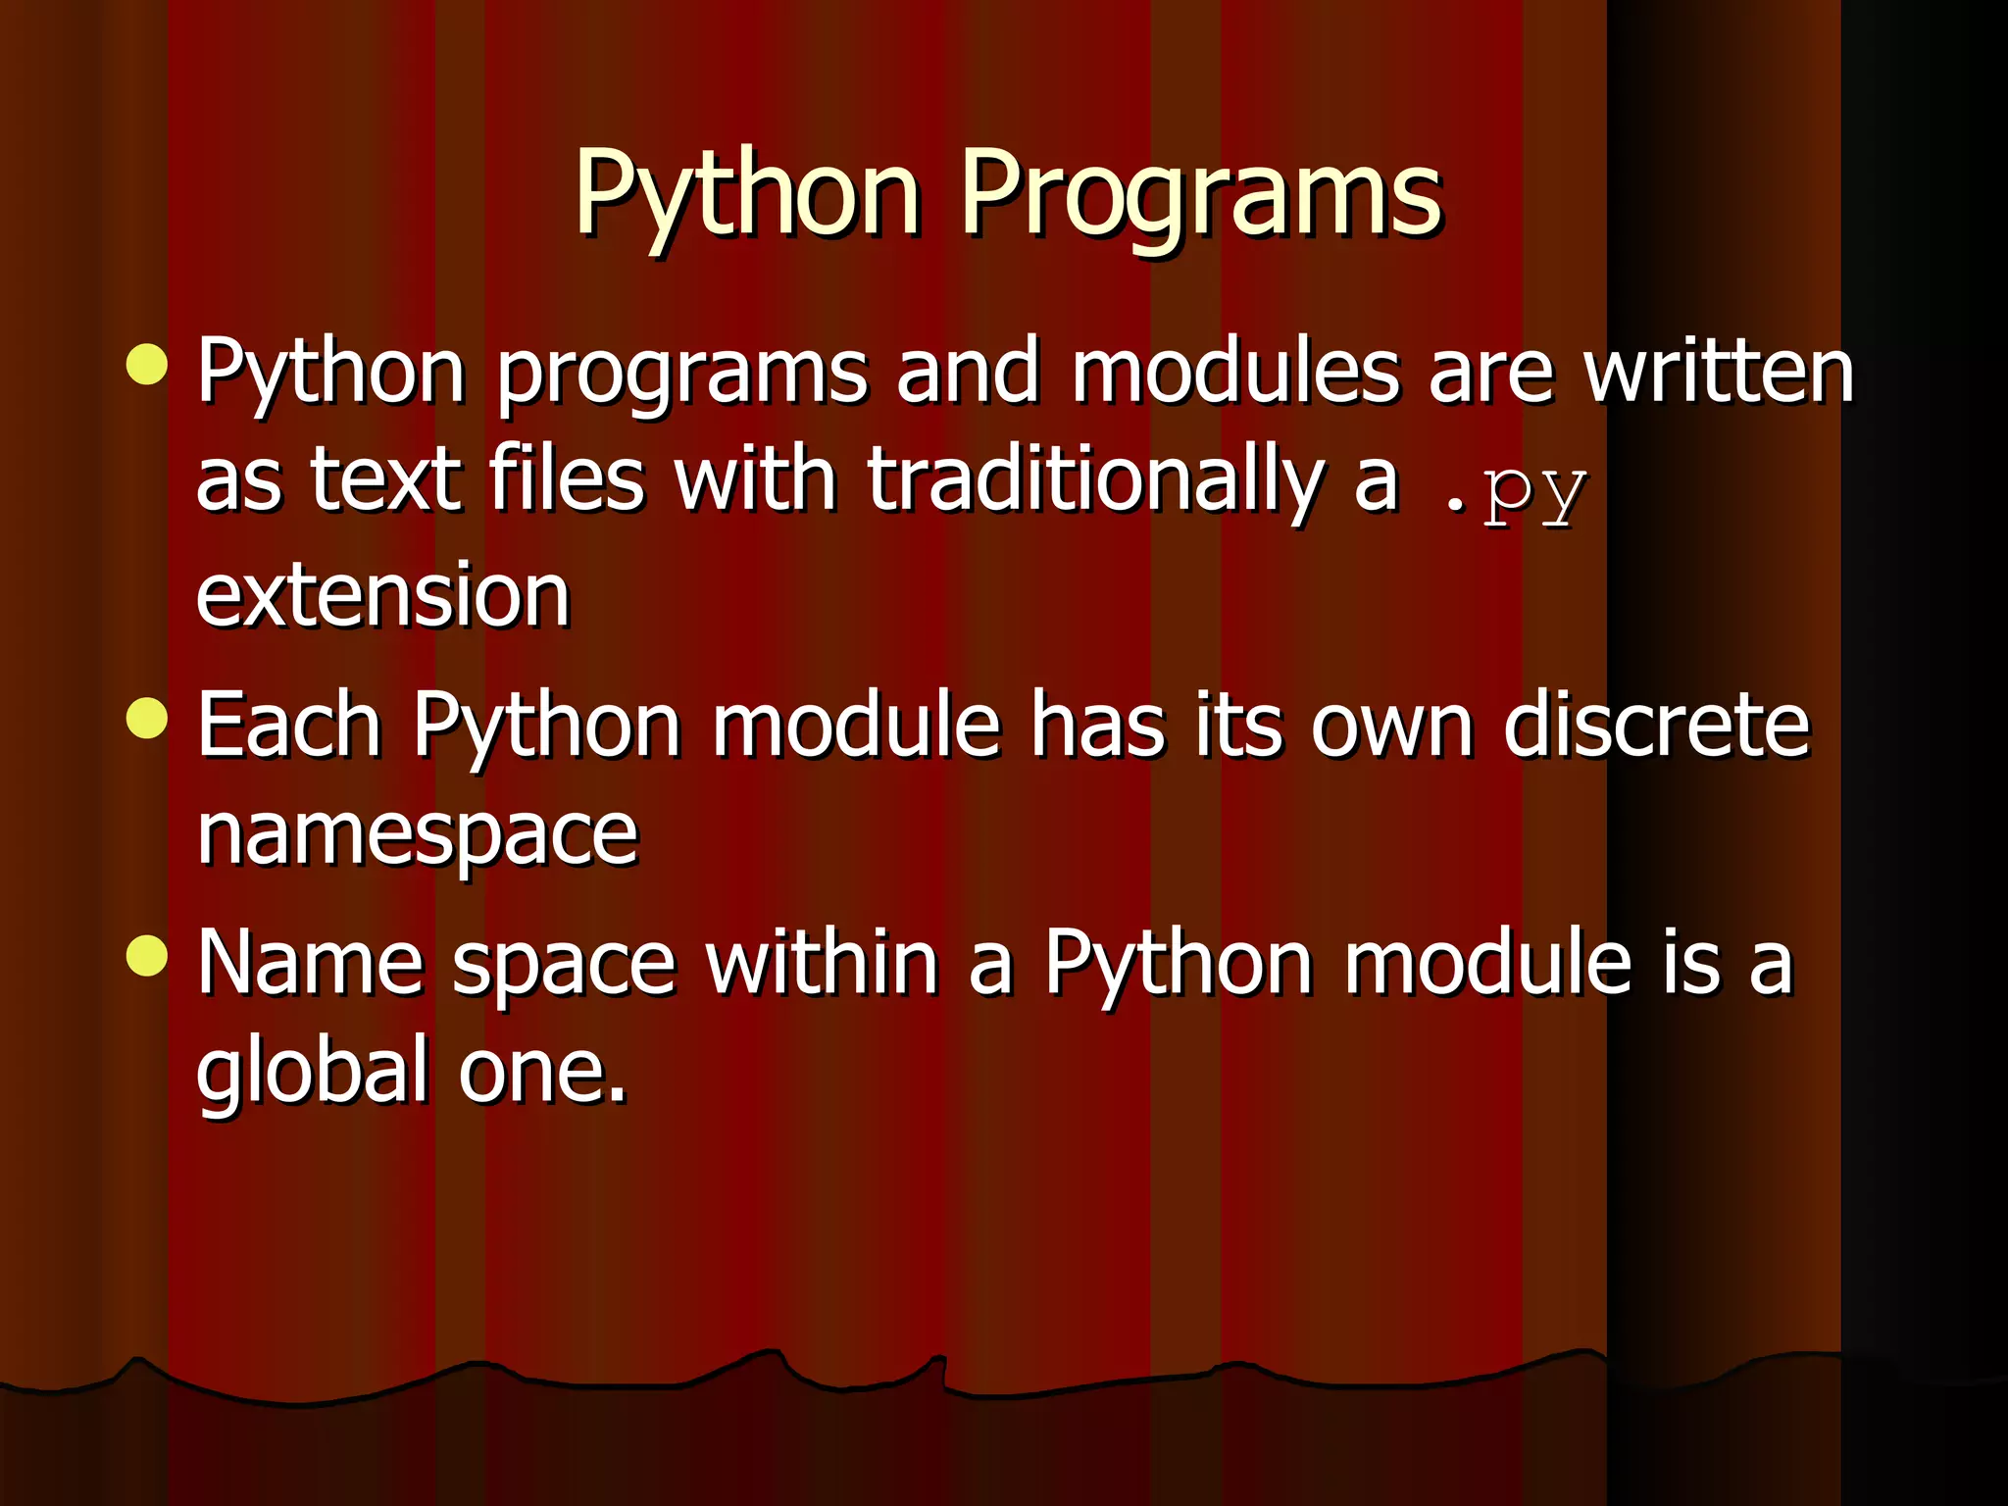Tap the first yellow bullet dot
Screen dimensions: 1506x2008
pyautogui.click(x=147, y=365)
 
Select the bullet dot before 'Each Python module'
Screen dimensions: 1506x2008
pyautogui.click(x=147, y=718)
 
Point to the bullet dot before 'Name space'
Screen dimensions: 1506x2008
pyautogui.click(x=147, y=955)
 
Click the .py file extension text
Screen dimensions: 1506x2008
pyautogui.click(x=1515, y=490)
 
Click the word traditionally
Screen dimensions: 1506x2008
pyautogui.click(x=1096, y=480)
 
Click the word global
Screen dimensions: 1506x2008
pyautogui.click(x=313, y=1071)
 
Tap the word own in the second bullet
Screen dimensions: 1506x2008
pyautogui.click(x=1392, y=728)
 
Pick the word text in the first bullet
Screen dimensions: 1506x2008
pyautogui.click(x=385, y=480)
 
